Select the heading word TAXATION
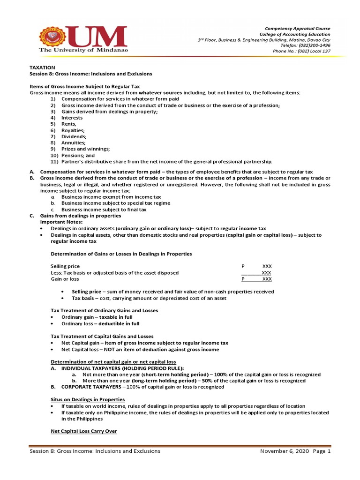click(43, 67)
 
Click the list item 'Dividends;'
click(74, 136)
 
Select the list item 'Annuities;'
click(73, 142)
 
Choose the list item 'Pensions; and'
click(78, 155)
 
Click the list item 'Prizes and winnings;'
click(85, 149)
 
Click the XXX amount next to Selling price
click(267, 266)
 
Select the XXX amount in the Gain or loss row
click(267, 279)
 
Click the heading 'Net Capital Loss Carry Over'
click(83, 431)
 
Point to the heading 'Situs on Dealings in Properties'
click(87, 399)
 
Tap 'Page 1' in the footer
click(322, 451)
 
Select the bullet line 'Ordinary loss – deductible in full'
click(100, 323)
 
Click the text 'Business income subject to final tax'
click(104, 210)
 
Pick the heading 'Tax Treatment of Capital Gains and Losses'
click(102, 336)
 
